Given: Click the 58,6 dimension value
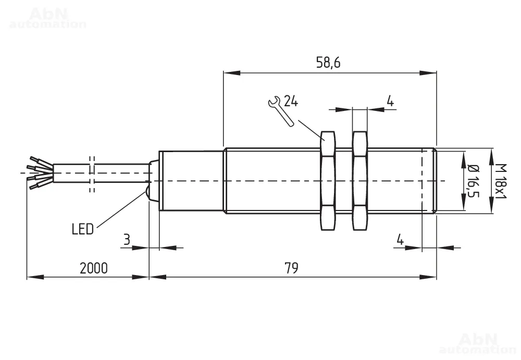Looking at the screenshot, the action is point(328,63).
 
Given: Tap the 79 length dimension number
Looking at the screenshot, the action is point(291,268).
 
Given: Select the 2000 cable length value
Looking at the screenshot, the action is point(94,268).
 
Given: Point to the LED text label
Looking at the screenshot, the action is point(83,229).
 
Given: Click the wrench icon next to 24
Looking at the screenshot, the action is point(281,111).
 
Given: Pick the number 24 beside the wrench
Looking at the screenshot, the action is point(291,101).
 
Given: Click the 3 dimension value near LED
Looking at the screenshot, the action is point(127,239).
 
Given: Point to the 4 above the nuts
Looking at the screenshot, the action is point(390,101).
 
